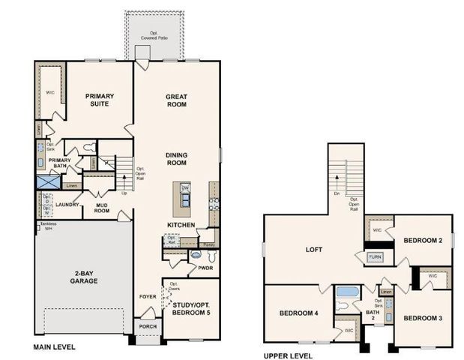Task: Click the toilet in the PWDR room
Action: [x=196, y=255]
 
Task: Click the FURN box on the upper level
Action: [x=375, y=257]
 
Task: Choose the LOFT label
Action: [x=315, y=250]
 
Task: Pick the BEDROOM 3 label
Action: [x=423, y=318]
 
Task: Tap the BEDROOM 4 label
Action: [x=298, y=313]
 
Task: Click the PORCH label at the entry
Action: [x=146, y=327]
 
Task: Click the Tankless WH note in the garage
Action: [x=44, y=226]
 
